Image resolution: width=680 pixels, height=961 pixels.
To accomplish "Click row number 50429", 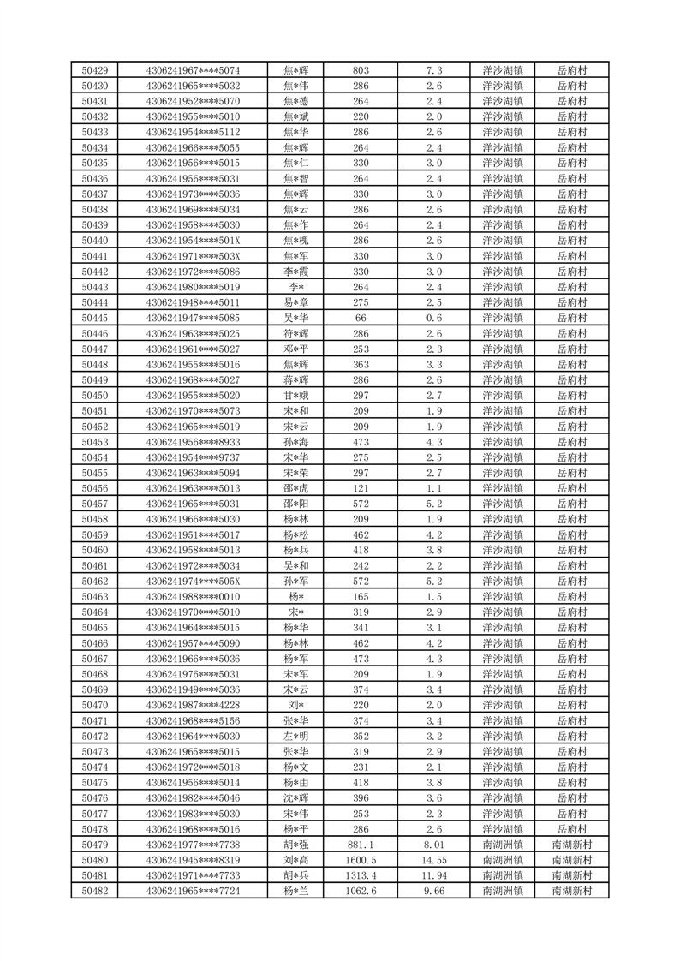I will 94,70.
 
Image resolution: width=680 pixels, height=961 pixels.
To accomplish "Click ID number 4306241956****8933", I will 194,442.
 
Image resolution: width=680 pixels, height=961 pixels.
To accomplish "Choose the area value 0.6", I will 433,318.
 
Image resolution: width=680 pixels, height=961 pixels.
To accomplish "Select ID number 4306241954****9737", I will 194,457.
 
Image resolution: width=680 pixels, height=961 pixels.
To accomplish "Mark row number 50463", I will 94,597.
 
